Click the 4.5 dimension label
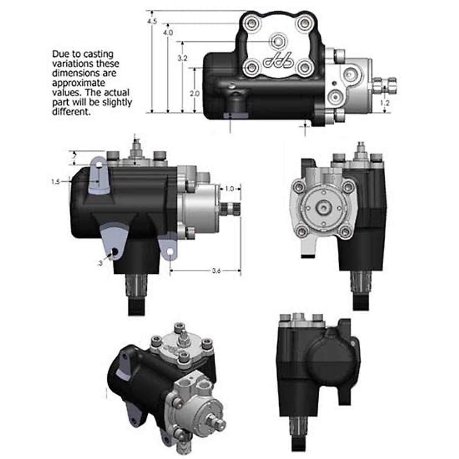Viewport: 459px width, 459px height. (x=152, y=22)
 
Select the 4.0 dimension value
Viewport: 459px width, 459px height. (x=168, y=33)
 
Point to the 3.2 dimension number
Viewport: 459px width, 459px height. (x=182, y=59)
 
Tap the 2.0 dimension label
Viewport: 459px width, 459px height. (x=195, y=93)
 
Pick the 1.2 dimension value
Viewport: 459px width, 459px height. (x=385, y=103)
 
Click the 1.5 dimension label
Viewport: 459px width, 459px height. (x=55, y=182)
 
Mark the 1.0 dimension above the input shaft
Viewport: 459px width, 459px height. (x=229, y=189)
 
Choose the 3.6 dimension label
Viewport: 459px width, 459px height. (x=216, y=271)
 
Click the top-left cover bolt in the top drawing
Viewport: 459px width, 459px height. (x=252, y=23)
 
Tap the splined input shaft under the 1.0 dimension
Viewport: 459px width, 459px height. (x=230, y=209)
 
